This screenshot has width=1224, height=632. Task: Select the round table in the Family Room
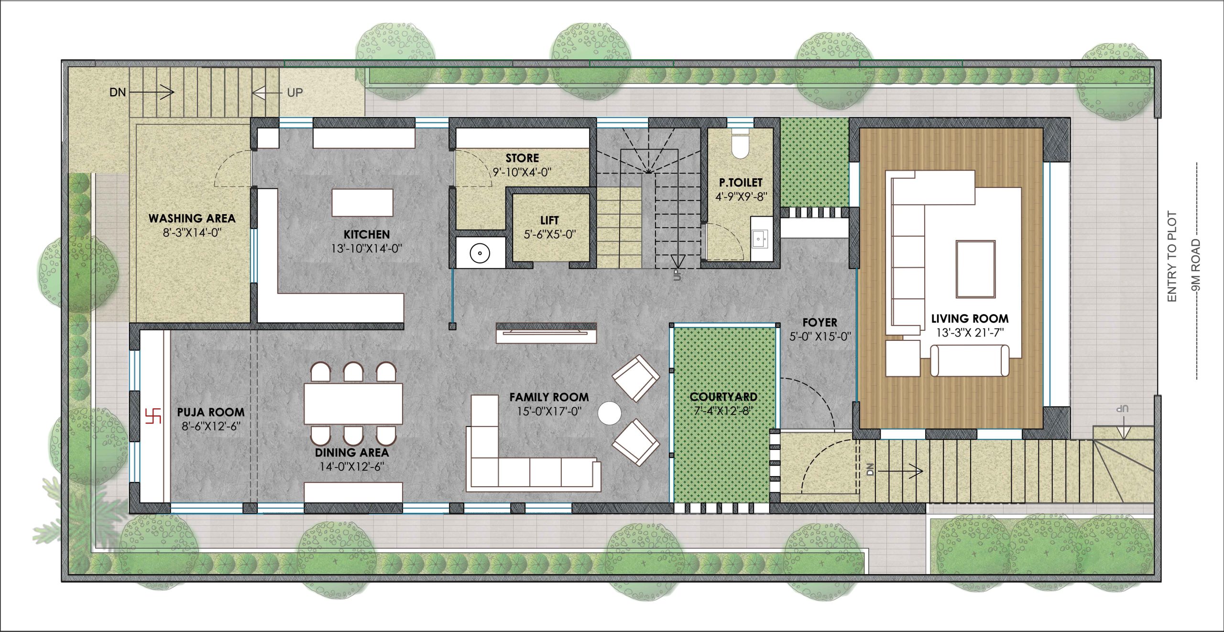(610, 413)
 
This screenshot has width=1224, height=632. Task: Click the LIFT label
(549, 220)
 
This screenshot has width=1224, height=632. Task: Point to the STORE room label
(522, 158)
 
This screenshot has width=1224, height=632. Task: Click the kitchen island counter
(362, 203)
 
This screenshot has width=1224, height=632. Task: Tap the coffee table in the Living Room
(975, 269)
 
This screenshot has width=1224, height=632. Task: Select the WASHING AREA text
(192, 218)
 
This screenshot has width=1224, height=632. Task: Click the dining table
(353, 403)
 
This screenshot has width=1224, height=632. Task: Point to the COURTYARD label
(723, 397)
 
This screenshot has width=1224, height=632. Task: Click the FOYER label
(820, 323)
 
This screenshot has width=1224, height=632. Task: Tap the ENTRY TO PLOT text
(1172, 256)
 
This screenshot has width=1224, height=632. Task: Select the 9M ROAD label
(1196, 265)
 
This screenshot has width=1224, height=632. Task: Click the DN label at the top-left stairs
(118, 92)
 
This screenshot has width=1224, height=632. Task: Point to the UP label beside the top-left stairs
(295, 92)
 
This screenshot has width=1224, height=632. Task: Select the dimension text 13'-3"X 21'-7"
(970, 333)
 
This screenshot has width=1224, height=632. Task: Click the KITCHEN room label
(367, 234)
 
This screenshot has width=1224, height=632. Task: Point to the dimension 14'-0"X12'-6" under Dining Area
(352, 467)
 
